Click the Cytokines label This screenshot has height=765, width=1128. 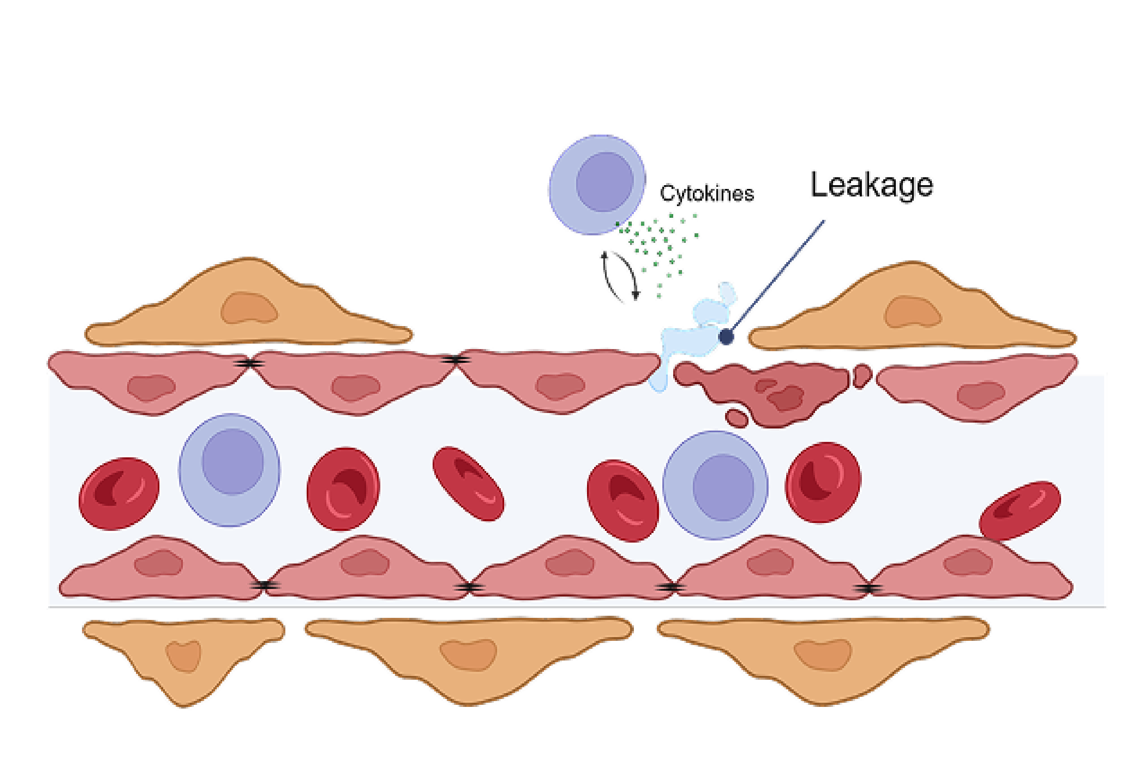click(x=707, y=193)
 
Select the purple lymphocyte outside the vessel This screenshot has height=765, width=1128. click(x=597, y=184)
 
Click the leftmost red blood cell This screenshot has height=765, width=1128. click(x=118, y=493)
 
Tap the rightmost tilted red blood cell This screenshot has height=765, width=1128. click(x=1020, y=510)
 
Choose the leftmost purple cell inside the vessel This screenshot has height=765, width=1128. click(x=229, y=469)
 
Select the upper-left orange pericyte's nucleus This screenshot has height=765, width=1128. click(x=249, y=308)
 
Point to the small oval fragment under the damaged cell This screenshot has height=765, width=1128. click(x=736, y=418)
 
